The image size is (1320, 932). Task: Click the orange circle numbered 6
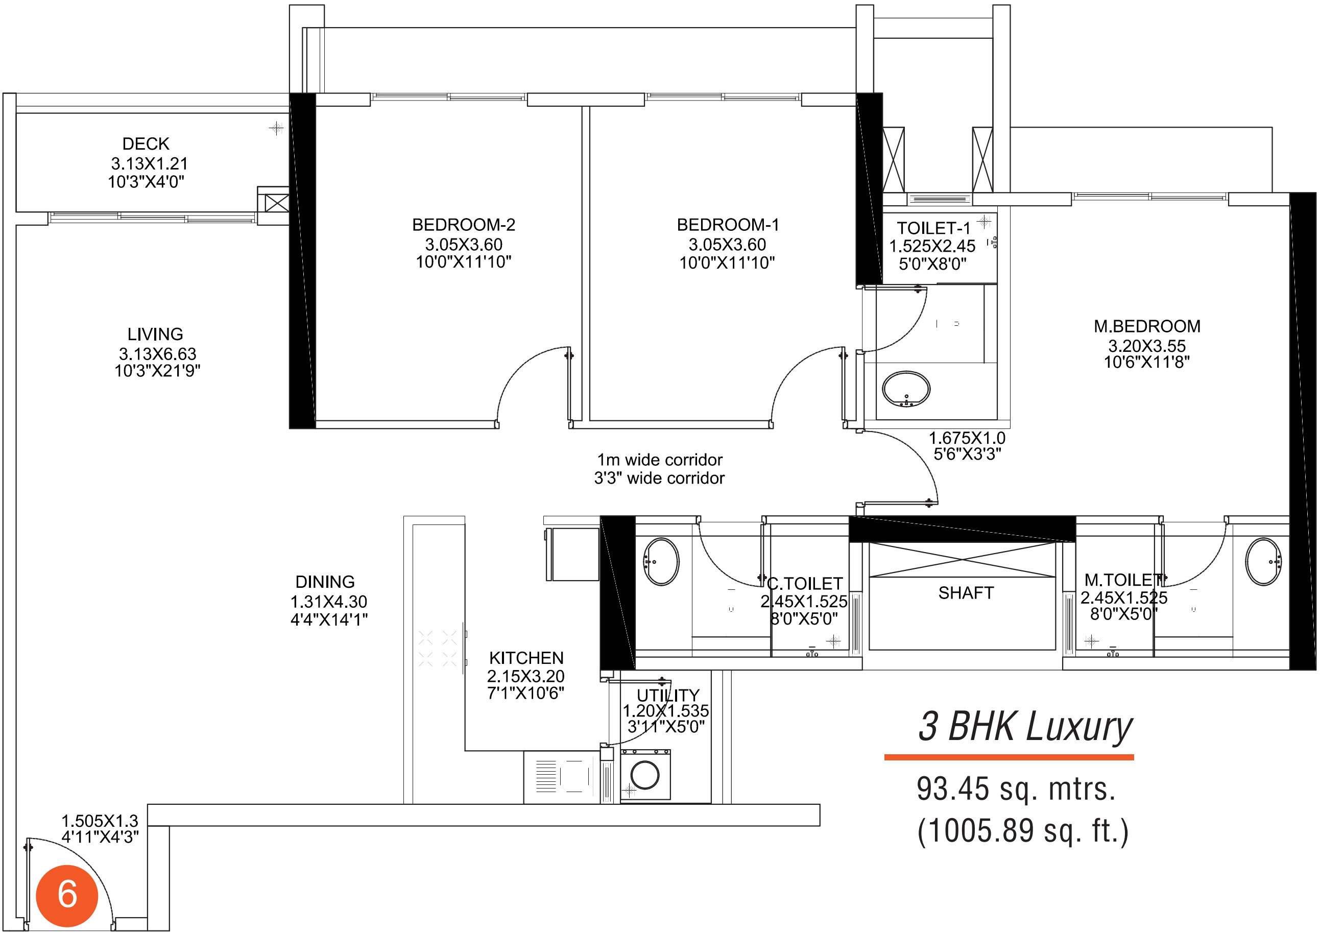(67, 895)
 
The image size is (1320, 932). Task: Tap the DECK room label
(146, 144)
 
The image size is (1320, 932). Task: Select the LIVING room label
(155, 334)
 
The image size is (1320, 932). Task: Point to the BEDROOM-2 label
(463, 225)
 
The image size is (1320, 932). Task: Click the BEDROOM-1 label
(728, 225)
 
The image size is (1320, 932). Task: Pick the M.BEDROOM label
(1147, 326)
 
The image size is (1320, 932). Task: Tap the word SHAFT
(966, 593)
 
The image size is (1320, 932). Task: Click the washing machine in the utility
(645, 775)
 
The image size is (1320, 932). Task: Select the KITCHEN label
(526, 658)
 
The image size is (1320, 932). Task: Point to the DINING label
(325, 582)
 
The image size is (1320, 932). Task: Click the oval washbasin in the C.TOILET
(661, 562)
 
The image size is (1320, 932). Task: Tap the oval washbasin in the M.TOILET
(1263, 562)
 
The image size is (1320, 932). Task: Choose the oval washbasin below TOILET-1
(906, 389)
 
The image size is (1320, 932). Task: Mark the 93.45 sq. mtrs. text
(1016, 789)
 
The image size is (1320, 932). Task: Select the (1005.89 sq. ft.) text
(1023, 831)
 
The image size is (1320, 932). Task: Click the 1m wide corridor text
(659, 460)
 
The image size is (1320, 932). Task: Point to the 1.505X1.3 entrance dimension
(100, 821)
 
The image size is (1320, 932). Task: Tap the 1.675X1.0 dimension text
(967, 438)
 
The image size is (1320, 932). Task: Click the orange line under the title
(1009, 757)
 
